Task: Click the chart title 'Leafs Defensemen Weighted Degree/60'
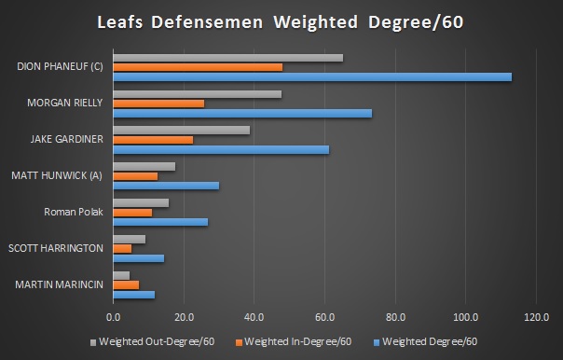click(281, 21)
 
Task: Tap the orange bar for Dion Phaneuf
click(198, 67)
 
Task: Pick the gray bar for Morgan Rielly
click(197, 94)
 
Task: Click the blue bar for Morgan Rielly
click(242, 113)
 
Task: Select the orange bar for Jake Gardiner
click(153, 139)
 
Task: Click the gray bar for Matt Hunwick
click(144, 166)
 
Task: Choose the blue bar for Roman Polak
click(160, 222)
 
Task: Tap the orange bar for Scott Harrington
click(122, 248)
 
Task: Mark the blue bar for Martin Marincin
click(134, 294)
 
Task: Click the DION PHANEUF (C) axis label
click(61, 67)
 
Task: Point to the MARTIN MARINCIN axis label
click(58, 284)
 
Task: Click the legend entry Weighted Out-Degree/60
click(156, 340)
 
